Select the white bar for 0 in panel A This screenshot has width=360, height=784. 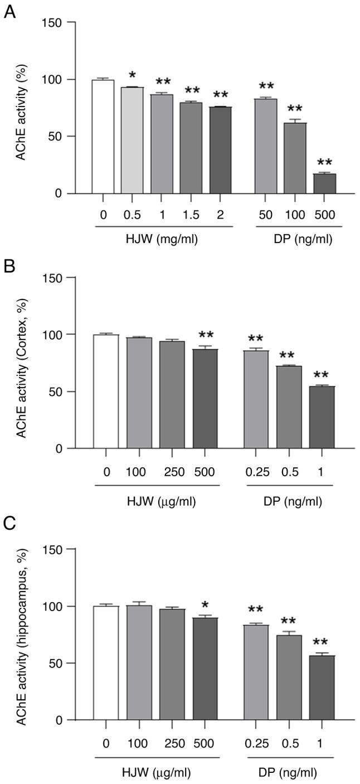[103, 137]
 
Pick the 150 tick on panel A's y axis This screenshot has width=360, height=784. [54, 22]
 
